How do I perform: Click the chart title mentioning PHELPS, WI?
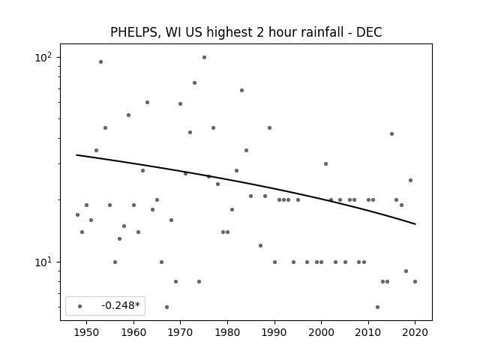pos(246,32)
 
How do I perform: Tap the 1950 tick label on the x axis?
pos(87,332)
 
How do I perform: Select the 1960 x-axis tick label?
pos(133,332)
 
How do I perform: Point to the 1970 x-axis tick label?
pos(180,332)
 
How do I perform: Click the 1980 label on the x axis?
pos(227,332)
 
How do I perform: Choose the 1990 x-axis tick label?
pos(274,332)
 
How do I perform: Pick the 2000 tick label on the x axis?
pos(322,332)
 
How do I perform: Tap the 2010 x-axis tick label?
pos(368,332)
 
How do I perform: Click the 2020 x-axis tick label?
pos(415,332)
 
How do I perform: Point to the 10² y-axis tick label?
pos(43,57)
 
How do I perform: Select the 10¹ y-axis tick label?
pos(43,262)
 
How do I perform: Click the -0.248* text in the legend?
pos(121,305)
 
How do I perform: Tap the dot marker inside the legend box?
pos(80,306)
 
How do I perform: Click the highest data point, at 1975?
pos(204,57)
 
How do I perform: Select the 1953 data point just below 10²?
pos(100,61)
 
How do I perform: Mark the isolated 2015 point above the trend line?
pos(391,133)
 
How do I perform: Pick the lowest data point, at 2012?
pos(377,307)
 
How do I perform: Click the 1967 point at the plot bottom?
pos(166,307)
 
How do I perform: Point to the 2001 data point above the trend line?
pos(325,163)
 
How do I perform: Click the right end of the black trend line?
pos(415,224)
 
